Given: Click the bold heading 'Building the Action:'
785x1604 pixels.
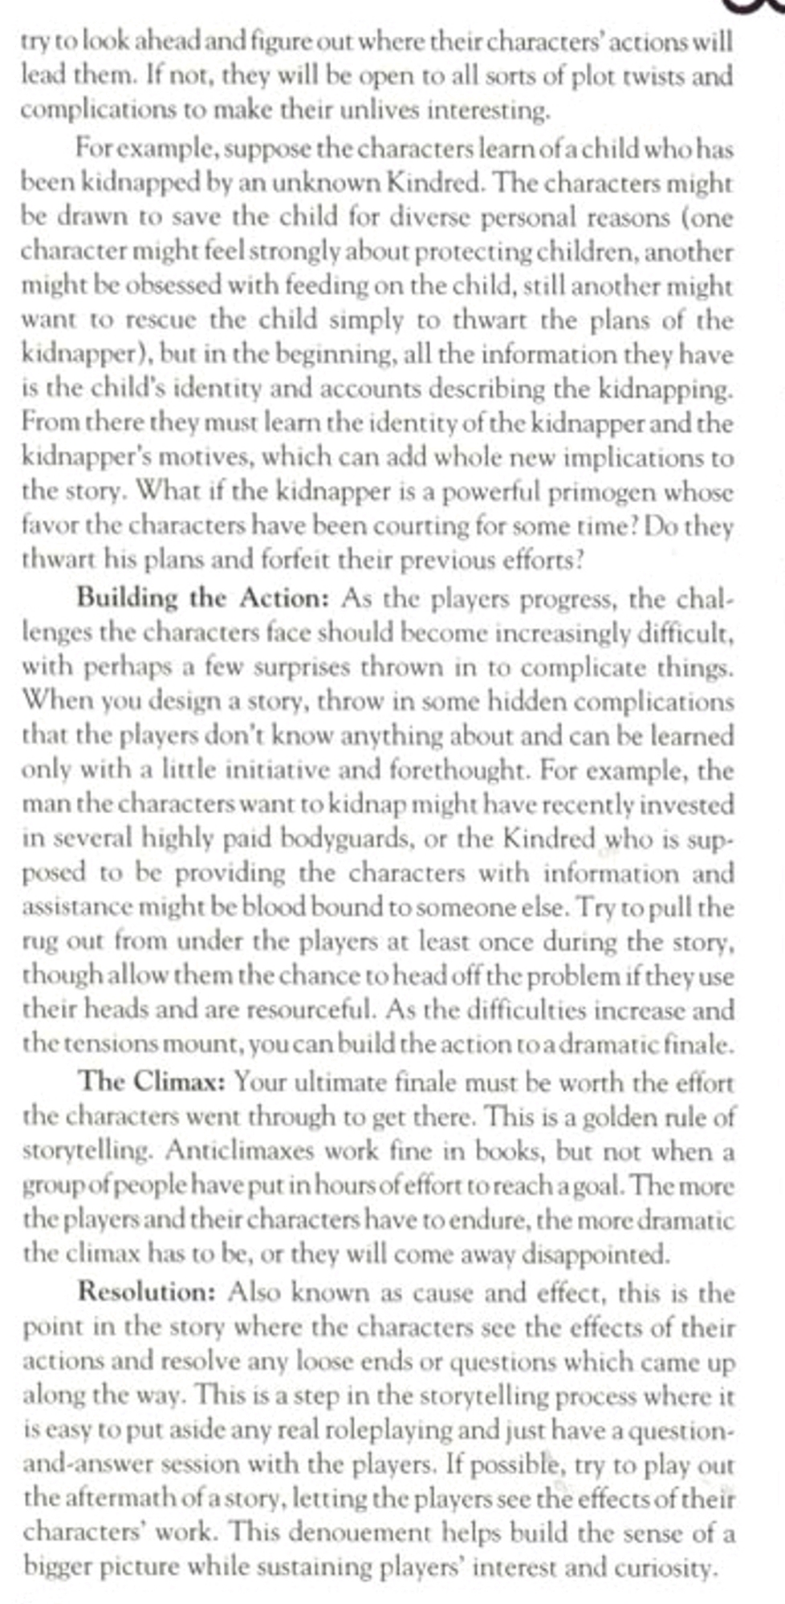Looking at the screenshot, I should click(x=203, y=598).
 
